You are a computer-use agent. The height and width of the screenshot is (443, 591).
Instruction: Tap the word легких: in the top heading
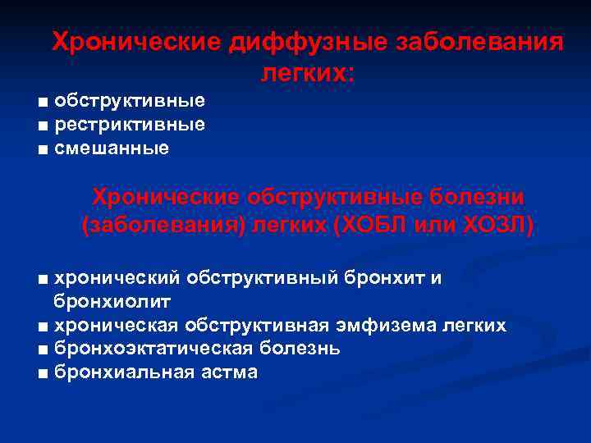tap(308, 74)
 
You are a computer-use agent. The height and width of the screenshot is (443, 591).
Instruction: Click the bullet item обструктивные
tap(129, 102)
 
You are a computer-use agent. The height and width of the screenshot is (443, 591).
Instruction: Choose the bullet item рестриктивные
tap(129, 125)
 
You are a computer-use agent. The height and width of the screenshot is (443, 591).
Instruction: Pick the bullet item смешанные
tap(111, 148)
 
